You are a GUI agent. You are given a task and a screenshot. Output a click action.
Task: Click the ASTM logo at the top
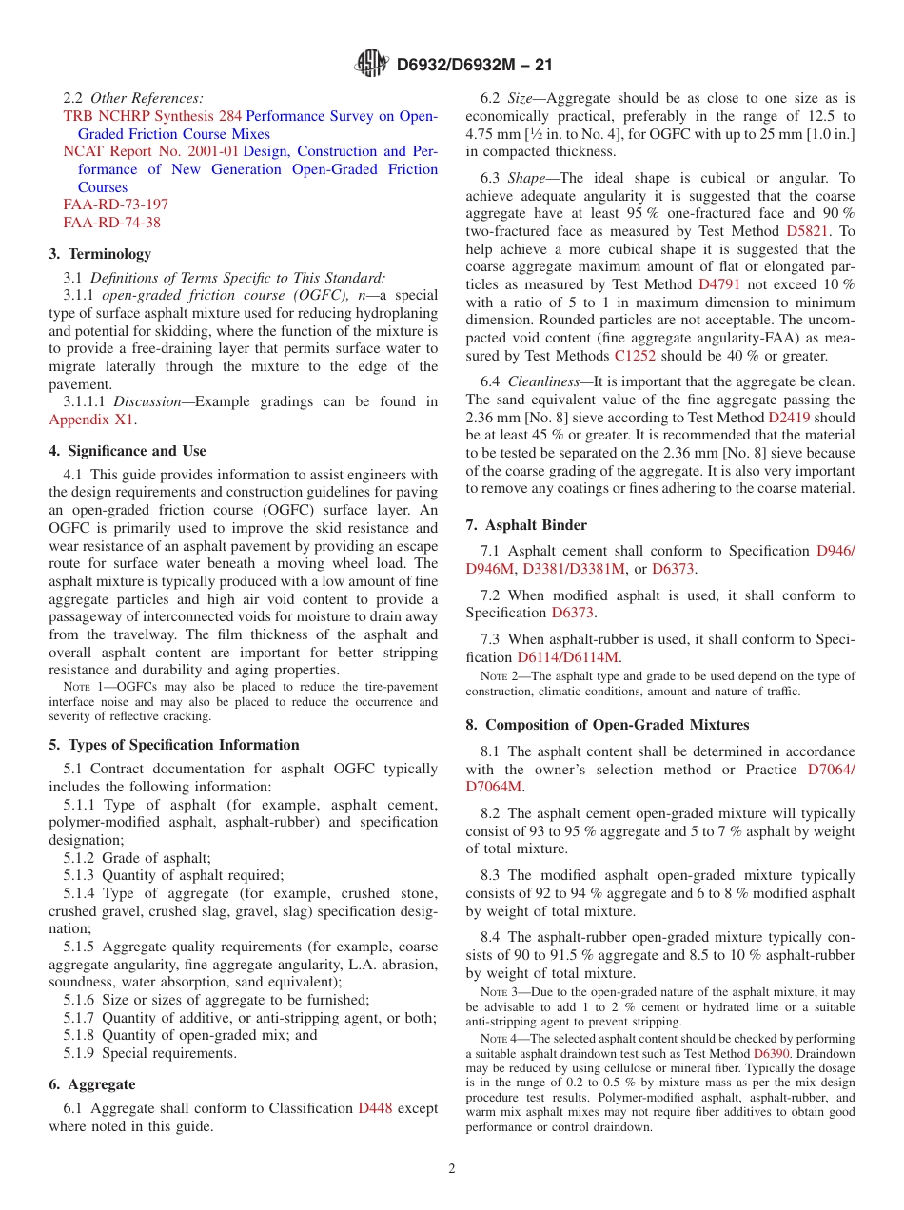coord(371,64)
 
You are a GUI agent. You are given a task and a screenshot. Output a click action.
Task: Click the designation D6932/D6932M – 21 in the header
coord(474,65)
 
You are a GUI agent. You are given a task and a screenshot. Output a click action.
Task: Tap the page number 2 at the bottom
coord(452,1168)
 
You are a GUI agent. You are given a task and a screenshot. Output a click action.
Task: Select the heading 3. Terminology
coord(100,254)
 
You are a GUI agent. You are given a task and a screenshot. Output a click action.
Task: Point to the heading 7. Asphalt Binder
coord(526,525)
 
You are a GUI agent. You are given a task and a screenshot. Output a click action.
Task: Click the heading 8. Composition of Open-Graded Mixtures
coord(607,725)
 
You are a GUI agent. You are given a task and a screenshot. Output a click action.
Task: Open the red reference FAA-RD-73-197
coord(115,205)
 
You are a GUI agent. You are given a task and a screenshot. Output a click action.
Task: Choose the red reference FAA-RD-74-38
coord(111,223)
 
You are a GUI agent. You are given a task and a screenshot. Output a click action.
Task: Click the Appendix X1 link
coord(91,420)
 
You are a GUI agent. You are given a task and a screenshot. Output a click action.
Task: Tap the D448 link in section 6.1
coord(374,1108)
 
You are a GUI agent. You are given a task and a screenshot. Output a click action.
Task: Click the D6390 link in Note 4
coord(771,1055)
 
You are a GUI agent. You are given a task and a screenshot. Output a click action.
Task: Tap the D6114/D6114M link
coord(568,657)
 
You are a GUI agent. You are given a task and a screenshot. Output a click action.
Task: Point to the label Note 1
coord(82,688)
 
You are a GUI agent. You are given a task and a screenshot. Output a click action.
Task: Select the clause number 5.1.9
coord(80,1053)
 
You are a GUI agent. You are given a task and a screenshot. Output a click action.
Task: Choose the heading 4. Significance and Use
coord(128,451)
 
